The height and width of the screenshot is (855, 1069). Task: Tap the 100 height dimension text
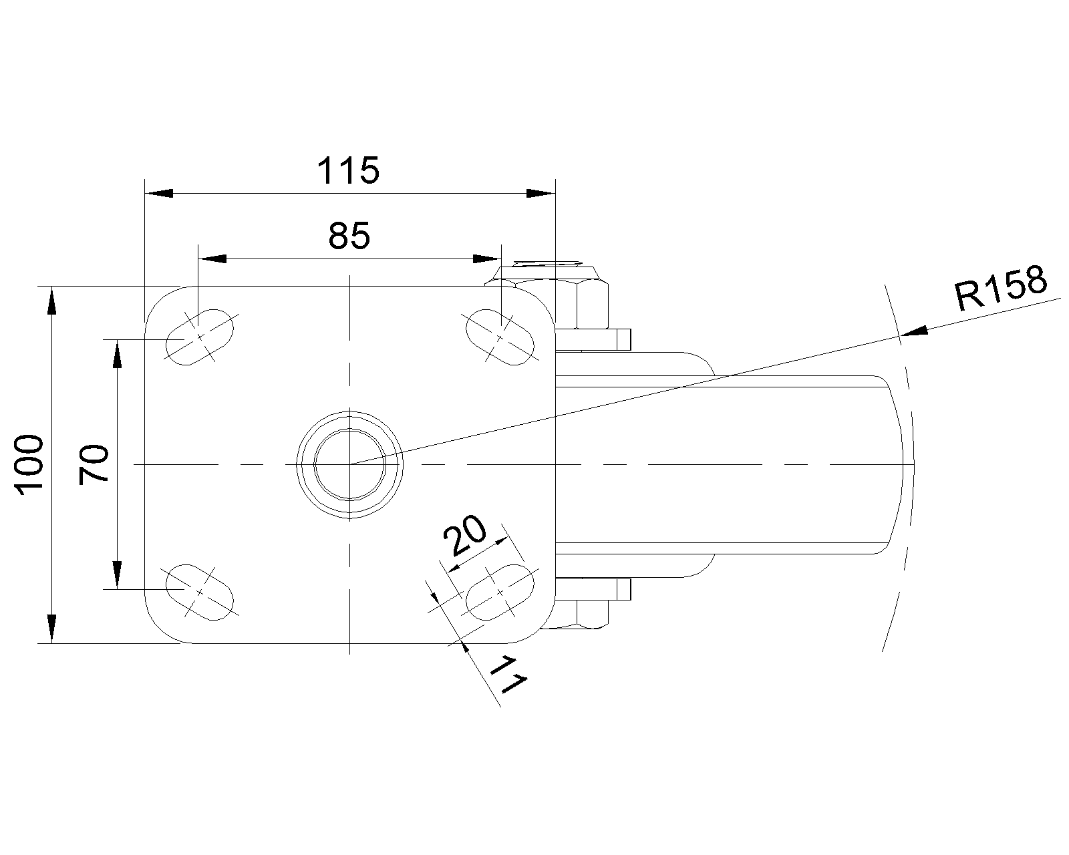pyautogui.click(x=31, y=465)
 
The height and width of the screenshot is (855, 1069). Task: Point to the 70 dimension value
pyautogui.click(x=94, y=464)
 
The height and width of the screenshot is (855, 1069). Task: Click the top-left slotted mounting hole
pyautogui.click(x=200, y=337)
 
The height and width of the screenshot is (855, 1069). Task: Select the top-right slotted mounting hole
pyautogui.click(x=500, y=337)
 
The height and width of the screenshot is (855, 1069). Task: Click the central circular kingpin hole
pyautogui.click(x=349, y=464)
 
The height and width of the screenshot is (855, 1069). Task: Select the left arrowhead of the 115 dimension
pyautogui.click(x=159, y=193)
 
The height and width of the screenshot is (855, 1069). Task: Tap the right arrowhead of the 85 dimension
pyautogui.click(x=486, y=259)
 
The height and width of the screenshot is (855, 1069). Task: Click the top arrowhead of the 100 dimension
pyautogui.click(x=51, y=300)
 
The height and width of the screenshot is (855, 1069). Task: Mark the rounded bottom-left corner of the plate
pyautogui.click(x=160, y=630)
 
